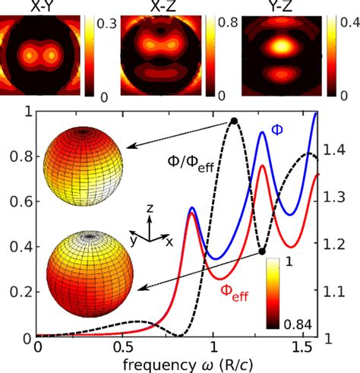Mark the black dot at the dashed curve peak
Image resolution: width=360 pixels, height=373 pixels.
(x=234, y=122)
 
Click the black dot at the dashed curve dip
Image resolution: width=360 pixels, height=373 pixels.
(x=262, y=251)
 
